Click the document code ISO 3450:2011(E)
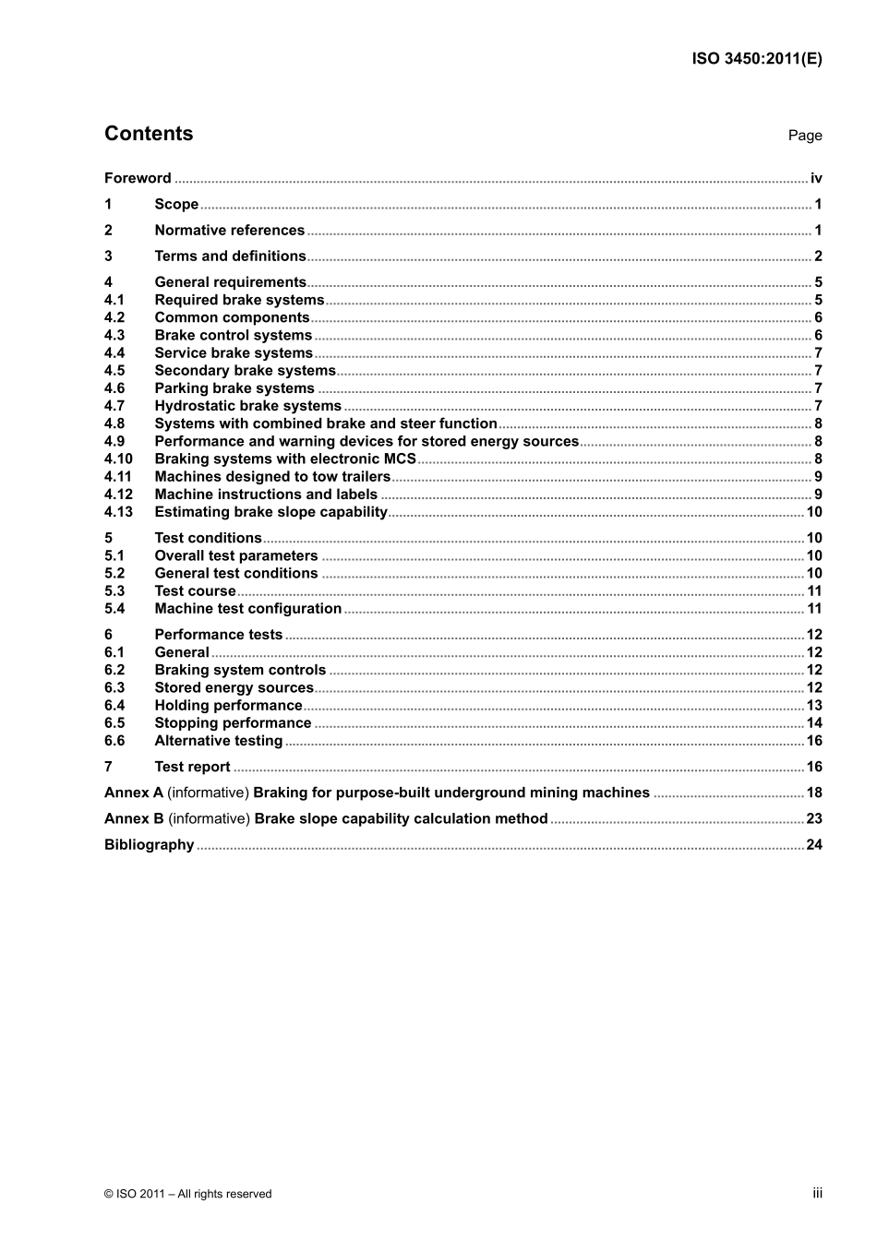756,59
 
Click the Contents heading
149,134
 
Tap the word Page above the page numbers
804,136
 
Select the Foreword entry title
138,178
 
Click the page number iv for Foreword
816,178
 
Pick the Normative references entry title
229,231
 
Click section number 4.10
118,459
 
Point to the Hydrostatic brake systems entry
247,406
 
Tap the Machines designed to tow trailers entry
272,477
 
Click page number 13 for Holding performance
814,706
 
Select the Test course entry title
195,591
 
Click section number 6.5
114,723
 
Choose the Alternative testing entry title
218,741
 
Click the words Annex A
134,793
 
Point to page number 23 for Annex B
814,818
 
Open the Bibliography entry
149,845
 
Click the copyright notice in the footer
188,1194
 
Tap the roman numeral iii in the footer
817,1193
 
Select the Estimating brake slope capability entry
270,512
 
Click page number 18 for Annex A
814,793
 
